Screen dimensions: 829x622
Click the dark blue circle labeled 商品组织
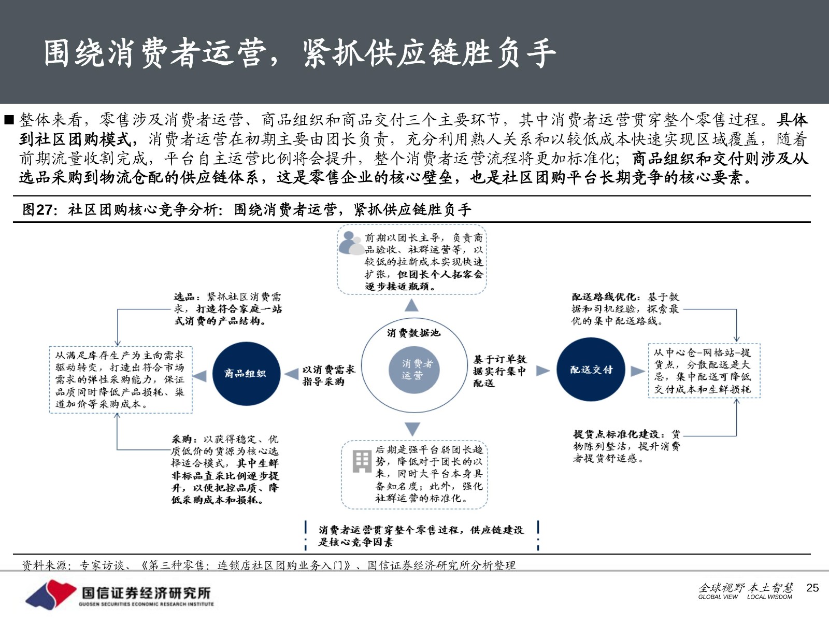(x=246, y=374)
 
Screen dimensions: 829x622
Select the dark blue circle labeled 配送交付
(x=591, y=370)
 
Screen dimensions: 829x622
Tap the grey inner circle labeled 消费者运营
(x=414, y=369)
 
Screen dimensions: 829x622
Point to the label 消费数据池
(x=413, y=332)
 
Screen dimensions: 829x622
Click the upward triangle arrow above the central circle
(x=411, y=305)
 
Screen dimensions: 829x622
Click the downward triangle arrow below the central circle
(x=412, y=429)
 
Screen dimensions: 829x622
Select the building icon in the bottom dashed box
(x=362, y=461)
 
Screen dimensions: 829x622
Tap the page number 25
(x=812, y=588)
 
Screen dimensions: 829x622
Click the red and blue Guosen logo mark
(x=51, y=594)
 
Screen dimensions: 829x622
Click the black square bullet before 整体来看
(x=9, y=120)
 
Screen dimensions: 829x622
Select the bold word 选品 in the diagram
(x=184, y=297)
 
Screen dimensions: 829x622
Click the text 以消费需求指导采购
(x=328, y=375)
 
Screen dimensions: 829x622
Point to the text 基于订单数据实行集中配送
(x=499, y=371)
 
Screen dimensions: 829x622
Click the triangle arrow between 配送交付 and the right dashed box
(x=637, y=371)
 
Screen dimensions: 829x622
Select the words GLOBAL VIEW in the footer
(x=718, y=597)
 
